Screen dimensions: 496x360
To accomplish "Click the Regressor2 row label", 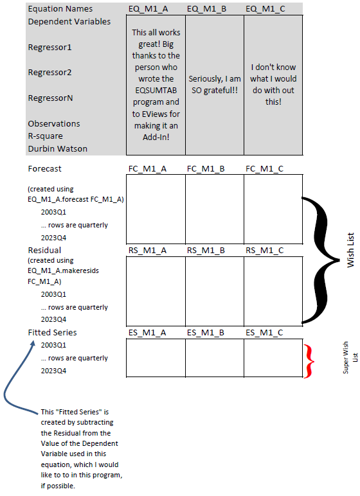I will (x=50, y=73).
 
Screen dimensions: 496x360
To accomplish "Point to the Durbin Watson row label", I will (x=57, y=148).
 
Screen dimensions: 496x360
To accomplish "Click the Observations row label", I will (x=54, y=123).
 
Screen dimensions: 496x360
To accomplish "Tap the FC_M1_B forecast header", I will (x=206, y=169).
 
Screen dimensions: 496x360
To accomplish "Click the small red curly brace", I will (x=310, y=360).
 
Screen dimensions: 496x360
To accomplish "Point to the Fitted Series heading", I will (x=52, y=332).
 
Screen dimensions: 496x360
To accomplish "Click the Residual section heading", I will (x=44, y=250).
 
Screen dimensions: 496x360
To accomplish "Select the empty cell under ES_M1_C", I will (x=273, y=358).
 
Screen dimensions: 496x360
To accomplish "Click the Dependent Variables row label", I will (x=69, y=21).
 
